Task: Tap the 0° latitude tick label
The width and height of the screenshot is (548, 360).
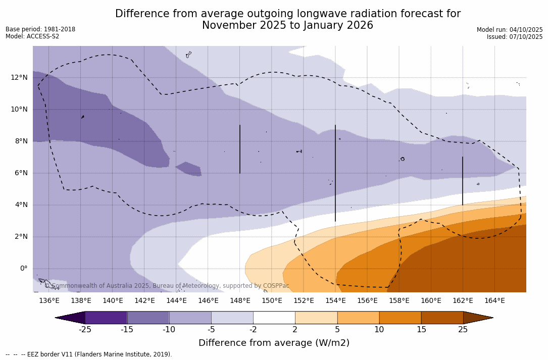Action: pyautogui.click(x=23, y=268)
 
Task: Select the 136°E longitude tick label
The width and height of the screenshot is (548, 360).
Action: pyautogui.click(x=49, y=301)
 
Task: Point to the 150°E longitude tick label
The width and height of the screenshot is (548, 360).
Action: pyautogui.click(x=272, y=301)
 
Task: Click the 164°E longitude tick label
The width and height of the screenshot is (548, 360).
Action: pyautogui.click(x=494, y=301)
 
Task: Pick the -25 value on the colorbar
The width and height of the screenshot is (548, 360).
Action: pyautogui.click(x=85, y=330)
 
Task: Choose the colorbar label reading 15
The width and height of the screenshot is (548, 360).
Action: pyautogui.click(x=421, y=330)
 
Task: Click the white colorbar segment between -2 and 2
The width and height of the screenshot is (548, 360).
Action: pyautogui.click(x=274, y=318)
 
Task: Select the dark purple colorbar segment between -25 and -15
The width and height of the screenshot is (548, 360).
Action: pyautogui.click(x=106, y=318)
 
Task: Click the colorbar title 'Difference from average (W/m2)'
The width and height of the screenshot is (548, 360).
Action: pyautogui.click(x=274, y=343)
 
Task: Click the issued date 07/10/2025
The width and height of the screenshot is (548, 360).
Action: pyautogui.click(x=526, y=37)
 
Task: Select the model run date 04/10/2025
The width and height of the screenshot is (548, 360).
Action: pyautogui.click(x=526, y=30)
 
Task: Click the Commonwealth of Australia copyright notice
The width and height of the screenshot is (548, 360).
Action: pyautogui.click(x=167, y=286)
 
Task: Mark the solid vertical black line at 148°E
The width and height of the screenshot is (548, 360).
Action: pyautogui.click(x=240, y=149)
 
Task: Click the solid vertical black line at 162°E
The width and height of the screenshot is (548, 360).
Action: pyautogui.click(x=463, y=181)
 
